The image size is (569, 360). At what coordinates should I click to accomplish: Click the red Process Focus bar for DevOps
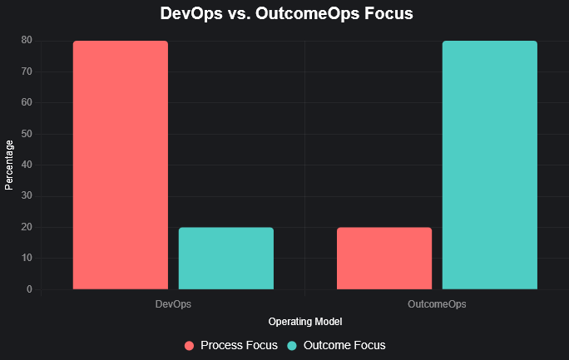121,165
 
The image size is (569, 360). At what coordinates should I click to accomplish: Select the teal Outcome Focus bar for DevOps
225,258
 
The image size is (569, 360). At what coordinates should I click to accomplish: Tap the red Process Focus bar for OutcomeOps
384,258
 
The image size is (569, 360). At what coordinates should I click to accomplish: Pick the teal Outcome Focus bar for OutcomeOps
489,165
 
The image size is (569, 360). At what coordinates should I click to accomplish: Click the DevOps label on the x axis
173,305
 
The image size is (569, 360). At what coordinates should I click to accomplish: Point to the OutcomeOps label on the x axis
437,305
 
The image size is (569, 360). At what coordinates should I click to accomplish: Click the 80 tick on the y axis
27,40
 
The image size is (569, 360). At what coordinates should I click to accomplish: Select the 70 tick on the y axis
27,72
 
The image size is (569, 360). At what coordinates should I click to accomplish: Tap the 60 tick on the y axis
27,102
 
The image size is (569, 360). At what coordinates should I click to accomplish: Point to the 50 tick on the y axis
27,134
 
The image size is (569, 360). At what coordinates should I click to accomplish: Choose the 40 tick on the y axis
27,165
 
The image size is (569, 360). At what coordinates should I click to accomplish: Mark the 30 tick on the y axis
27,196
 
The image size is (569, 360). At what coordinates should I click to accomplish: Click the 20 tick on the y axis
27,227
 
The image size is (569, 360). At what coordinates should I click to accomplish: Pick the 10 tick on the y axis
27,258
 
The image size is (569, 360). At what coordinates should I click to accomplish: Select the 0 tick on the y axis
29,289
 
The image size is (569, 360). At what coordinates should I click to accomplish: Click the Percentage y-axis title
9,165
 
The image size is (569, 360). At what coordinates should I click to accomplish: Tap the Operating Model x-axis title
305,321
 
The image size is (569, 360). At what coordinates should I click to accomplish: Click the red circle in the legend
189,345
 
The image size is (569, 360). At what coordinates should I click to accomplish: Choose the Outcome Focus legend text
344,345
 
